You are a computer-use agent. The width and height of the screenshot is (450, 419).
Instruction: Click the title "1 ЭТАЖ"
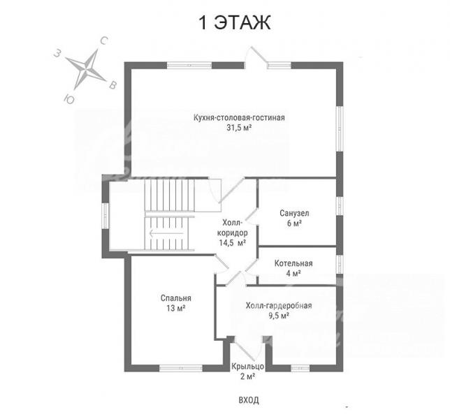tap(235, 22)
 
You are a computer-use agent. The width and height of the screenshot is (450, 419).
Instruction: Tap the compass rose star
tap(86, 69)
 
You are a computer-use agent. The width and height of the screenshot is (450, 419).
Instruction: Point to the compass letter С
tap(104, 41)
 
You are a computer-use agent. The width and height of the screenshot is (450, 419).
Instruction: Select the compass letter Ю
tap(68, 99)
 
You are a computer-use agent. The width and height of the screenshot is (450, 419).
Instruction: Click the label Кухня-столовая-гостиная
tap(239, 118)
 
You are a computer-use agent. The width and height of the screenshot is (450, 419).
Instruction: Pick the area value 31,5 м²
tap(239, 128)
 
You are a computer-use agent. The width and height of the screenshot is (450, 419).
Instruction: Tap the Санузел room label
tap(294, 214)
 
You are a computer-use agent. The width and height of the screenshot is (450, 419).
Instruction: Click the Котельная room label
tap(293, 263)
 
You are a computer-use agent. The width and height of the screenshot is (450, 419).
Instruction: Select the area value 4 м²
tap(293, 273)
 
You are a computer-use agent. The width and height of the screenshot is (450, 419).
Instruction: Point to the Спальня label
tap(175, 298)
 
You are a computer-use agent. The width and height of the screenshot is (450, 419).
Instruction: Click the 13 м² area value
tap(175, 308)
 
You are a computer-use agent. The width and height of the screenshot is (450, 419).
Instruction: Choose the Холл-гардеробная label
tap(279, 306)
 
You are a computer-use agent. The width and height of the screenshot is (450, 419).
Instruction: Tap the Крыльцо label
tap(247, 367)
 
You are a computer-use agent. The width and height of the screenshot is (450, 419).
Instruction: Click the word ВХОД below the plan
tap(249, 400)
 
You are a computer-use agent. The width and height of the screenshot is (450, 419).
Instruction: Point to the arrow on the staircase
tap(166, 233)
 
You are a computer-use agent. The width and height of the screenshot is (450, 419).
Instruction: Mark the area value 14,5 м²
tap(233, 243)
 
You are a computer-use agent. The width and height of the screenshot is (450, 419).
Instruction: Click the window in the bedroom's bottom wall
tap(181, 368)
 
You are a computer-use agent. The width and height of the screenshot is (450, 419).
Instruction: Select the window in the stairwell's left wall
tap(106, 216)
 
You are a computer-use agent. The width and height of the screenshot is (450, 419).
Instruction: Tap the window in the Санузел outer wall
tap(340, 205)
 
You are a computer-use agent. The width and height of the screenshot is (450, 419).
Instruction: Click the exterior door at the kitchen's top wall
tap(256, 58)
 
